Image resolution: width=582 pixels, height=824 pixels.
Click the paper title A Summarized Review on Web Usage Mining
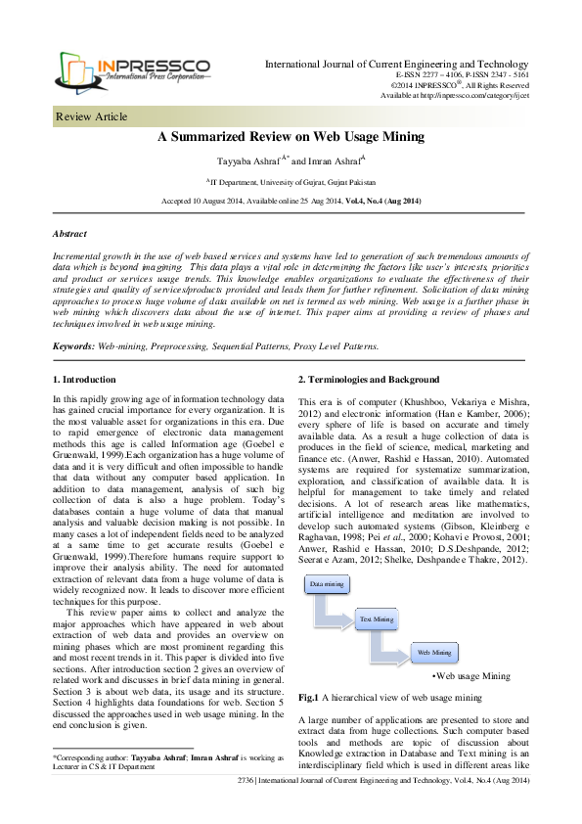point(290,138)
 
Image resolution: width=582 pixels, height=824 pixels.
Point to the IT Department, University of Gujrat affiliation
point(290,182)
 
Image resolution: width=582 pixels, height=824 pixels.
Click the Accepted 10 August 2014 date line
point(291,201)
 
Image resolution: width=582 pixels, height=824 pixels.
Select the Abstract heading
point(68,235)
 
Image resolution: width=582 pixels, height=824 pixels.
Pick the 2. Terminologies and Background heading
point(368,379)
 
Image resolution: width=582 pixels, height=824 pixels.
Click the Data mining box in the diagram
point(327,584)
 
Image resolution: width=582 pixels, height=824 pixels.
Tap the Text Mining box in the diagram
point(377,619)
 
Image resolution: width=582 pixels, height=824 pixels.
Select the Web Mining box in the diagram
point(433,652)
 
